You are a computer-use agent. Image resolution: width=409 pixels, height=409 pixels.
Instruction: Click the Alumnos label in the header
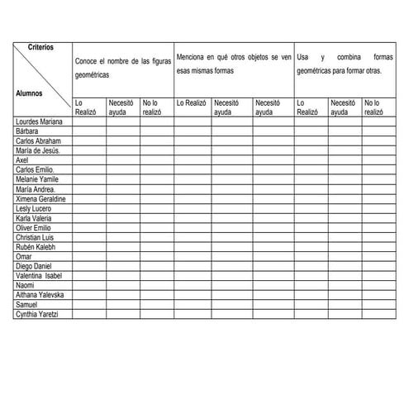31,93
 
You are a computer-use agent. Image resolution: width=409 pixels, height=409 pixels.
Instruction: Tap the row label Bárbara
28,131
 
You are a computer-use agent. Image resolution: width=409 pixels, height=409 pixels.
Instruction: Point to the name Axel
22,159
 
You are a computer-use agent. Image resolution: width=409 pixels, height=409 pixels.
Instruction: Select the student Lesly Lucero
35,209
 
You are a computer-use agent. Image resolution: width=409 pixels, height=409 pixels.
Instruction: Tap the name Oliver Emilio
34,228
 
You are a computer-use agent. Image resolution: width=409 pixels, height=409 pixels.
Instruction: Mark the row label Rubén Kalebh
36,247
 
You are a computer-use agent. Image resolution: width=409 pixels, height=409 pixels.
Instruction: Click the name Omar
24,257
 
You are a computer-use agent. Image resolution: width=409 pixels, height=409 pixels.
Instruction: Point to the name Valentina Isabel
39,276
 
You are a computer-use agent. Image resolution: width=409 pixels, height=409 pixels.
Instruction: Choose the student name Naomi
26,286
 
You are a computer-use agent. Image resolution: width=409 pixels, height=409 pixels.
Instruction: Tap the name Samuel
27,305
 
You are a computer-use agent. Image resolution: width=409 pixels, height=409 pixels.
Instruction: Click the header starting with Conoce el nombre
121,68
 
